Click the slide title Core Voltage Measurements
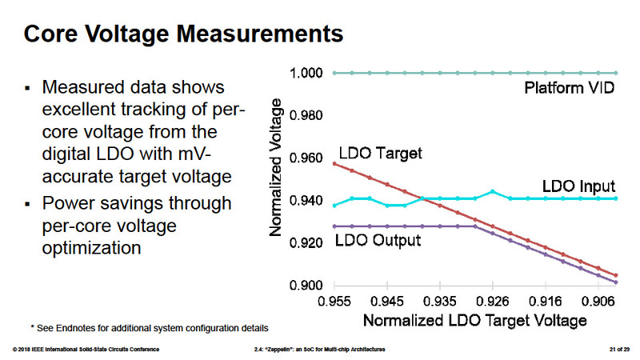[184, 34]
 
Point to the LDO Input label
[578, 185]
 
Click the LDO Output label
[377, 239]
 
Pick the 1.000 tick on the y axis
[307, 73]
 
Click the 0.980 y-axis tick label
[307, 116]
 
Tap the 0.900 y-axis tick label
[307, 286]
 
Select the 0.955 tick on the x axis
[334, 302]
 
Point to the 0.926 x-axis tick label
[493, 302]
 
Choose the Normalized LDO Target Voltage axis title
[475, 320]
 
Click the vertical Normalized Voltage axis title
[277, 167]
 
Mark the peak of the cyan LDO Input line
[493, 191]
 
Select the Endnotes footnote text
[148, 327]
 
